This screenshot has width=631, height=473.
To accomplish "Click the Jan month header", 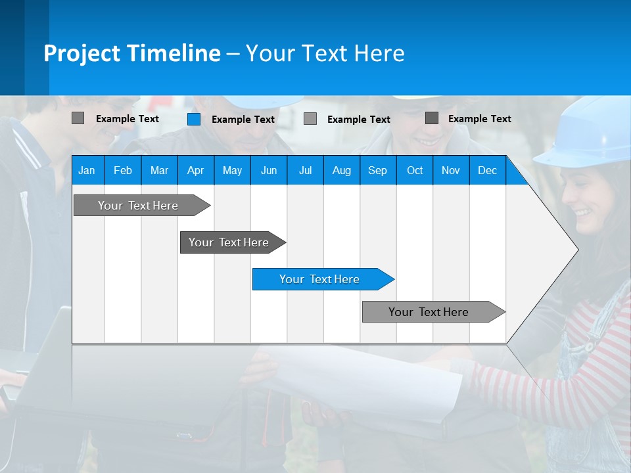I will (x=87, y=171).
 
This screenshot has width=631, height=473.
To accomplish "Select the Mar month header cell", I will (x=159, y=171).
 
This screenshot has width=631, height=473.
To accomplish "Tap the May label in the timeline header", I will (x=232, y=171).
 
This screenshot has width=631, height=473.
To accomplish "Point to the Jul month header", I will (x=305, y=171).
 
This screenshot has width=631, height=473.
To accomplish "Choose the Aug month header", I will (x=342, y=171).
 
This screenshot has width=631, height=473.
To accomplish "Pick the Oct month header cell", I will (x=415, y=171).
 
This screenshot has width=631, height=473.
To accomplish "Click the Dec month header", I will (x=488, y=171).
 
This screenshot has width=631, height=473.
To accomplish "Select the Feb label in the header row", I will (x=123, y=171).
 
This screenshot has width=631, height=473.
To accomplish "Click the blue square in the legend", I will (x=194, y=119).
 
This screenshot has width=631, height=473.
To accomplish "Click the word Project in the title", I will (x=82, y=53).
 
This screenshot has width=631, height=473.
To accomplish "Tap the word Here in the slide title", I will (x=379, y=53).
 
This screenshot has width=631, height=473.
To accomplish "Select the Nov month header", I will (x=451, y=171).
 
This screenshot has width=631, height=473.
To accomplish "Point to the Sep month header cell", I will (x=378, y=171).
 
